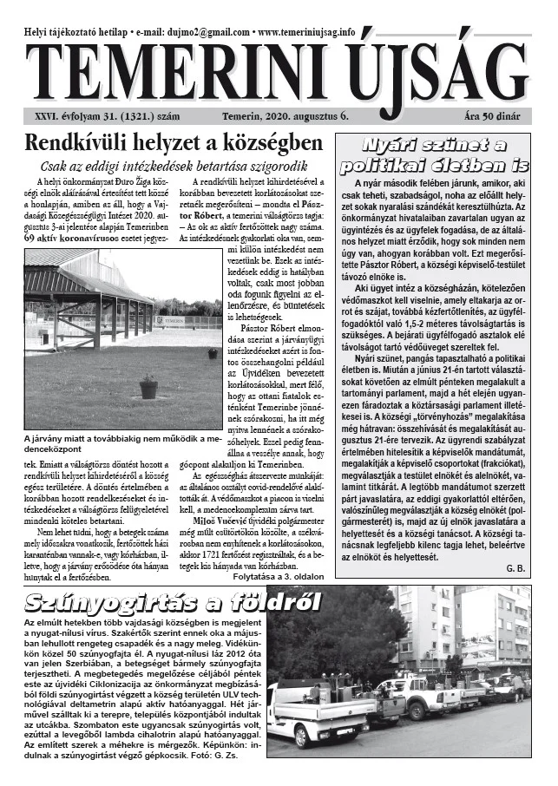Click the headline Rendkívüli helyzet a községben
point(174,144)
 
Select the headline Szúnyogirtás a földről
point(174,601)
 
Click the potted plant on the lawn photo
point(149,385)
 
